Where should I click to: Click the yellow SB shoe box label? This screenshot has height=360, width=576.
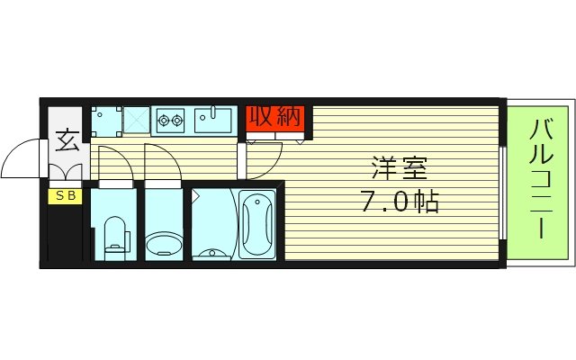click(x=65, y=194)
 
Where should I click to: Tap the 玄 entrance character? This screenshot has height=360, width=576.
click(x=66, y=141)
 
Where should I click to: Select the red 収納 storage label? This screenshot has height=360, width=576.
click(x=274, y=117)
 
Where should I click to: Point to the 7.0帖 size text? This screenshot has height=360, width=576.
click(x=400, y=201)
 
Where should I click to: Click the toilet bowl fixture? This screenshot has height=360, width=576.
click(x=114, y=235)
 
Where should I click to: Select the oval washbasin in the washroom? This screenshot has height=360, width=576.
click(x=163, y=243)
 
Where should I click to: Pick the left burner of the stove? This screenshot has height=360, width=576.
click(x=165, y=119)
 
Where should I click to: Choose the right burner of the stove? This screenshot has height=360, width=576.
click(x=178, y=119)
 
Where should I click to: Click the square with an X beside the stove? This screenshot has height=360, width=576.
click(x=136, y=119)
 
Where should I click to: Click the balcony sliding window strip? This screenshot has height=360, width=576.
click(x=502, y=190)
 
